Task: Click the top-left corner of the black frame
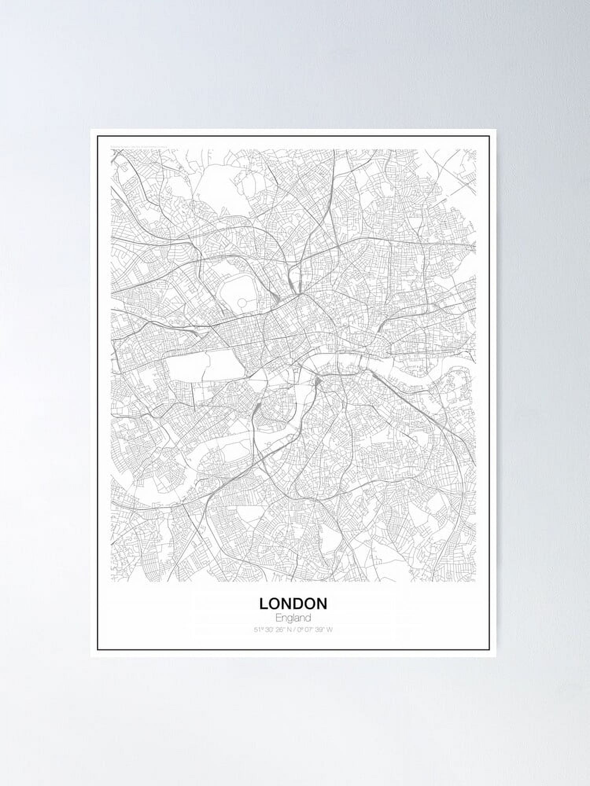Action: pyautogui.click(x=98, y=136)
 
